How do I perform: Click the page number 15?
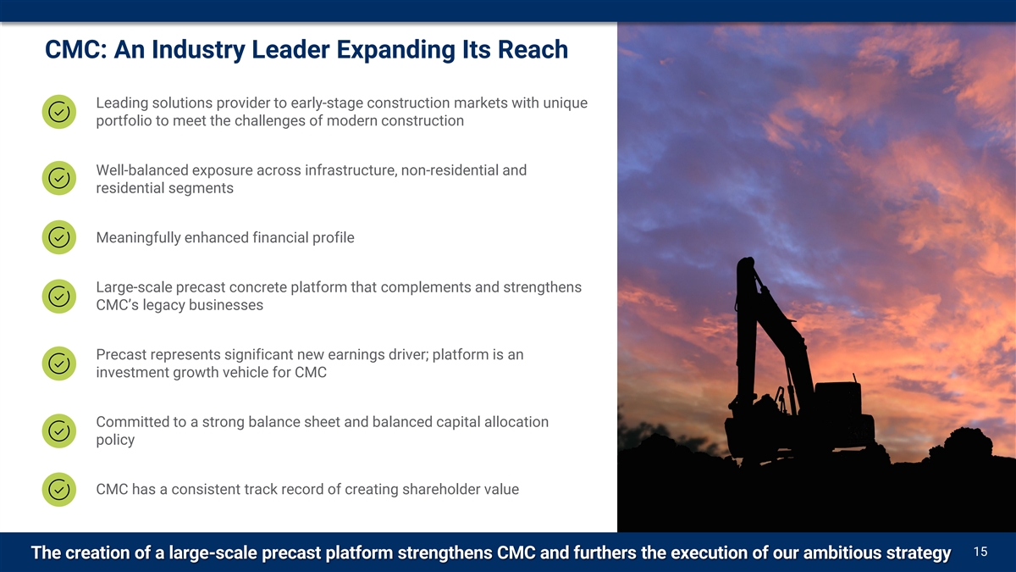[980, 552]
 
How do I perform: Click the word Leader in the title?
[290, 49]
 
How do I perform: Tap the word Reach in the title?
[533, 49]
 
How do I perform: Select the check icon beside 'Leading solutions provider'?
[59, 112]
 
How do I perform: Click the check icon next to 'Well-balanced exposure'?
[59, 179]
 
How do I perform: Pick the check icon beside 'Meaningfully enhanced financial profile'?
[59, 237]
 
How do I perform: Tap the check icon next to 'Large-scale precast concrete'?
[59, 296]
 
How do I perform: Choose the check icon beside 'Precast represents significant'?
[59, 364]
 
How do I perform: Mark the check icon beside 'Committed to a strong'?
[59, 430]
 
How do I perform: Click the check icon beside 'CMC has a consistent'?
[59, 490]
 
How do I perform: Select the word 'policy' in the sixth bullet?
[115, 441]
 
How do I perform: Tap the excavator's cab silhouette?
[837, 399]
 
